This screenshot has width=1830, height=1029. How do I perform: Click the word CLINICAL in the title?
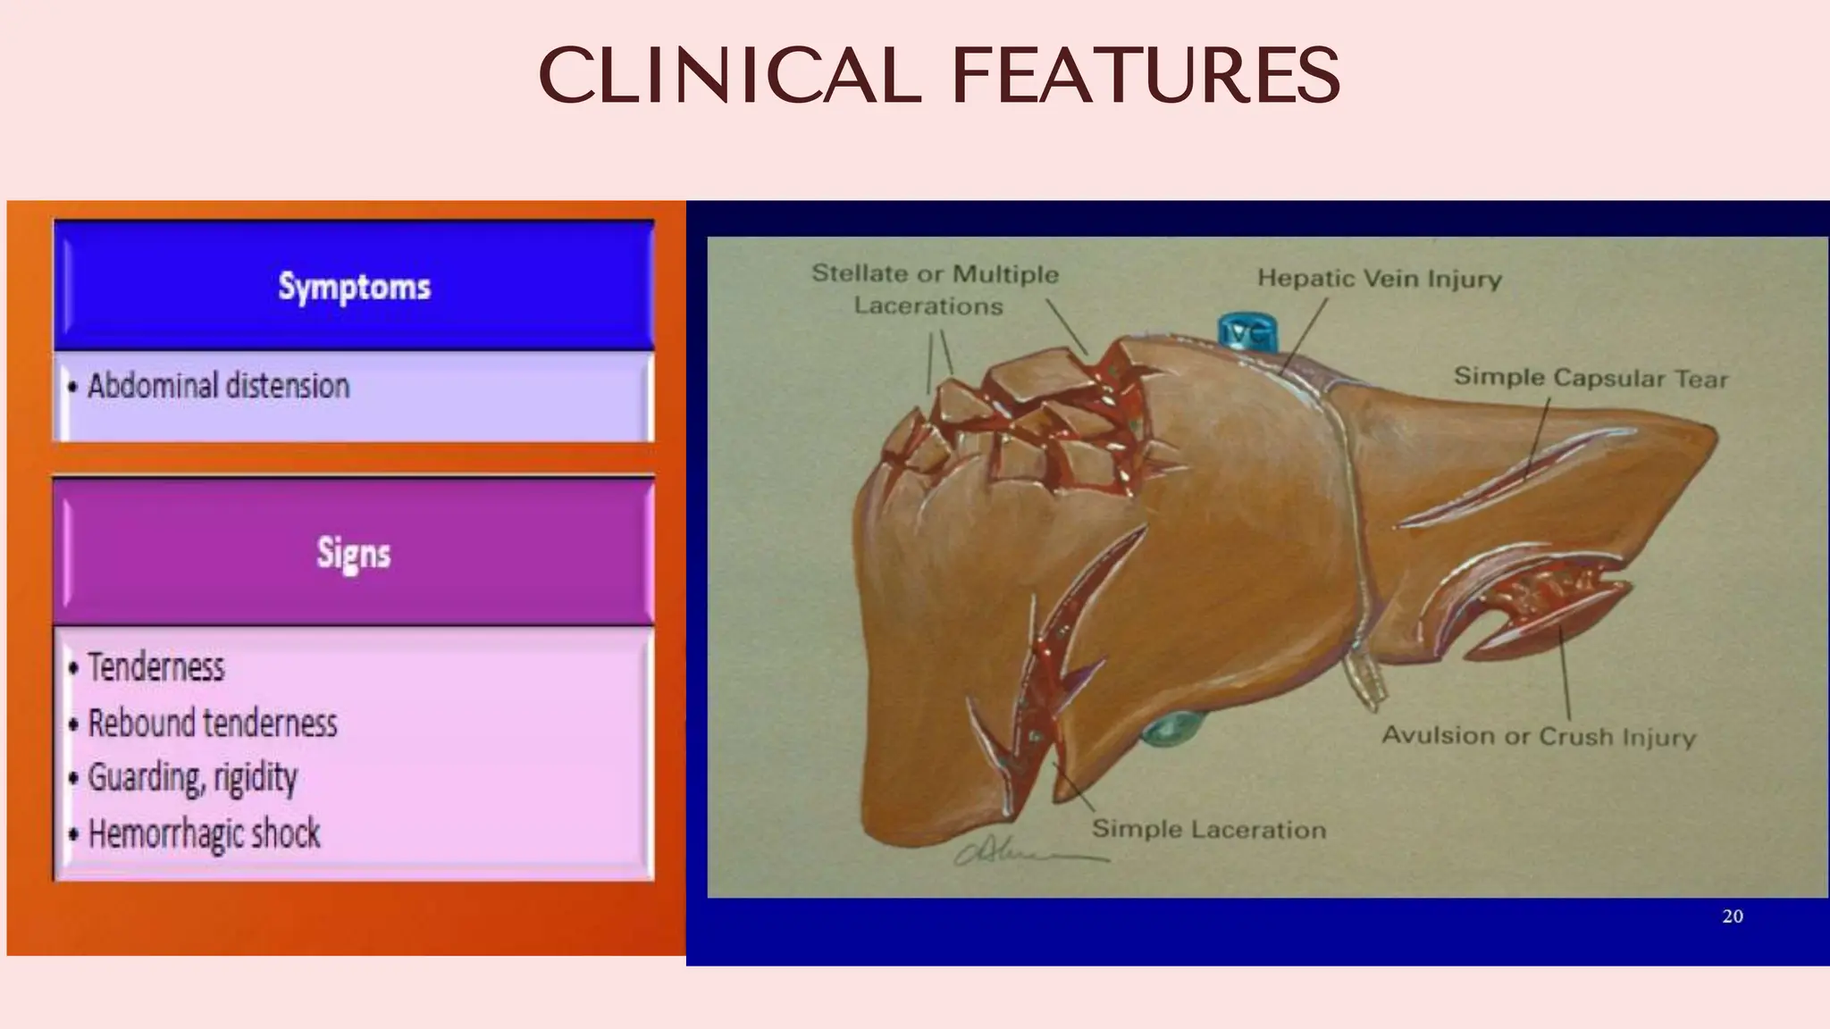[x=729, y=75]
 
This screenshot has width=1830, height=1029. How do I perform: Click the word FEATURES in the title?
[x=1146, y=75]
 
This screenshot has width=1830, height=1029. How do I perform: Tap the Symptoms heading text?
[x=354, y=287]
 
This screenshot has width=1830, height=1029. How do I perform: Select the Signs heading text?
[x=354, y=553]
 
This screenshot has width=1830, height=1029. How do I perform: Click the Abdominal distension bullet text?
[x=218, y=386]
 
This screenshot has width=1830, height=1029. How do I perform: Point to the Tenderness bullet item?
[x=155, y=667]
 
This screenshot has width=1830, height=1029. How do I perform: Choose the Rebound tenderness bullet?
[x=212, y=723]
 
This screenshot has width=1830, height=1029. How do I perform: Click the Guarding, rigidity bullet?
[x=192, y=777]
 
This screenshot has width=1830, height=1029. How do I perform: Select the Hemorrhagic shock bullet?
[x=204, y=833]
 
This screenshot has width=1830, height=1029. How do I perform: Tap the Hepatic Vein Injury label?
[x=1379, y=279]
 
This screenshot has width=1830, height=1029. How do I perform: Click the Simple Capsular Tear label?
[x=1591, y=378]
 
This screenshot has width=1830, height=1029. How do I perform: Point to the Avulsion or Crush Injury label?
[x=1538, y=736]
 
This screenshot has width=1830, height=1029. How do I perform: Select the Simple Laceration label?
[x=1208, y=829]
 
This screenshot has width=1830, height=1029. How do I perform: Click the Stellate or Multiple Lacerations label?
[x=934, y=289]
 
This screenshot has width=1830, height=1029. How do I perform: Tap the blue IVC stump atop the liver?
[x=1247, y=332]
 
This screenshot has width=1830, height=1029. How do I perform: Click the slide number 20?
[x=1732, y=916]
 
